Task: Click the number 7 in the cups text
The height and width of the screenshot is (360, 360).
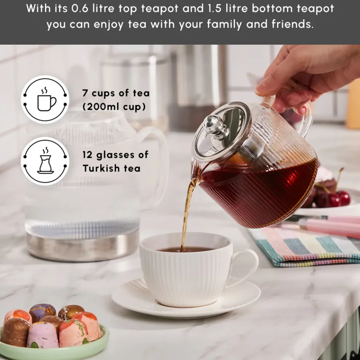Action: coord(85,93)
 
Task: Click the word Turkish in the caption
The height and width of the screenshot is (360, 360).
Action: coord(101,168)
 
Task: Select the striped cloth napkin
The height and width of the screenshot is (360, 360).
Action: coord(309,247)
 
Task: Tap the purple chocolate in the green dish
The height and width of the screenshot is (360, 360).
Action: coord(42,311)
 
